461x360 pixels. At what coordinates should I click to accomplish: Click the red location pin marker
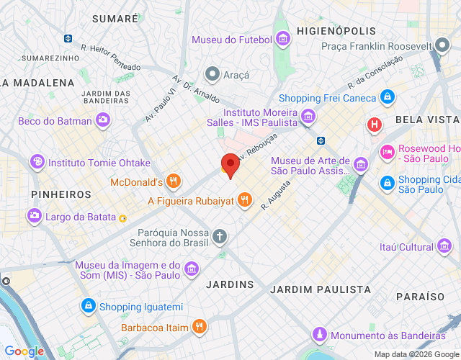(230, 165)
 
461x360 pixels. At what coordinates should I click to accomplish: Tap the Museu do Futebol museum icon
(283, 39)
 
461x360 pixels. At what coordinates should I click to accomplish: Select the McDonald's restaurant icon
(172, 181)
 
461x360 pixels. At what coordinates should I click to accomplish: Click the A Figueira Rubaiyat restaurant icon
(245, 200)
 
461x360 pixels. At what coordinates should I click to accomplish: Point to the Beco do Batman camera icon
(104, 120)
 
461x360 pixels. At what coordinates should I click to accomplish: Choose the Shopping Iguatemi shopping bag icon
(88, 307)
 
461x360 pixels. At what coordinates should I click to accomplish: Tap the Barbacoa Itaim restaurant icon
(200, 327)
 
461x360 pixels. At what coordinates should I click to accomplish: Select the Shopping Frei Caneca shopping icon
(388, 97)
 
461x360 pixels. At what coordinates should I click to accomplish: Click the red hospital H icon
(374, 125)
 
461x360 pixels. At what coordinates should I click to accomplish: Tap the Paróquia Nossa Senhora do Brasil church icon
(220, 235)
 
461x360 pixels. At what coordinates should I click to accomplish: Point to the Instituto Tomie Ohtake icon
(37, 162)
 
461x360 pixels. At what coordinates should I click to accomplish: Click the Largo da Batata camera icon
(34, 215)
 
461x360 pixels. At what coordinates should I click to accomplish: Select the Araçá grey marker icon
(212, 74)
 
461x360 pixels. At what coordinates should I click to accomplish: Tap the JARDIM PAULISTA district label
(321, 289)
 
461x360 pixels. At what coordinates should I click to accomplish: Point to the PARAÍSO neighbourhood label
(420, 296)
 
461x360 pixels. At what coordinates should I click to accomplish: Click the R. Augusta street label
(276, 194)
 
